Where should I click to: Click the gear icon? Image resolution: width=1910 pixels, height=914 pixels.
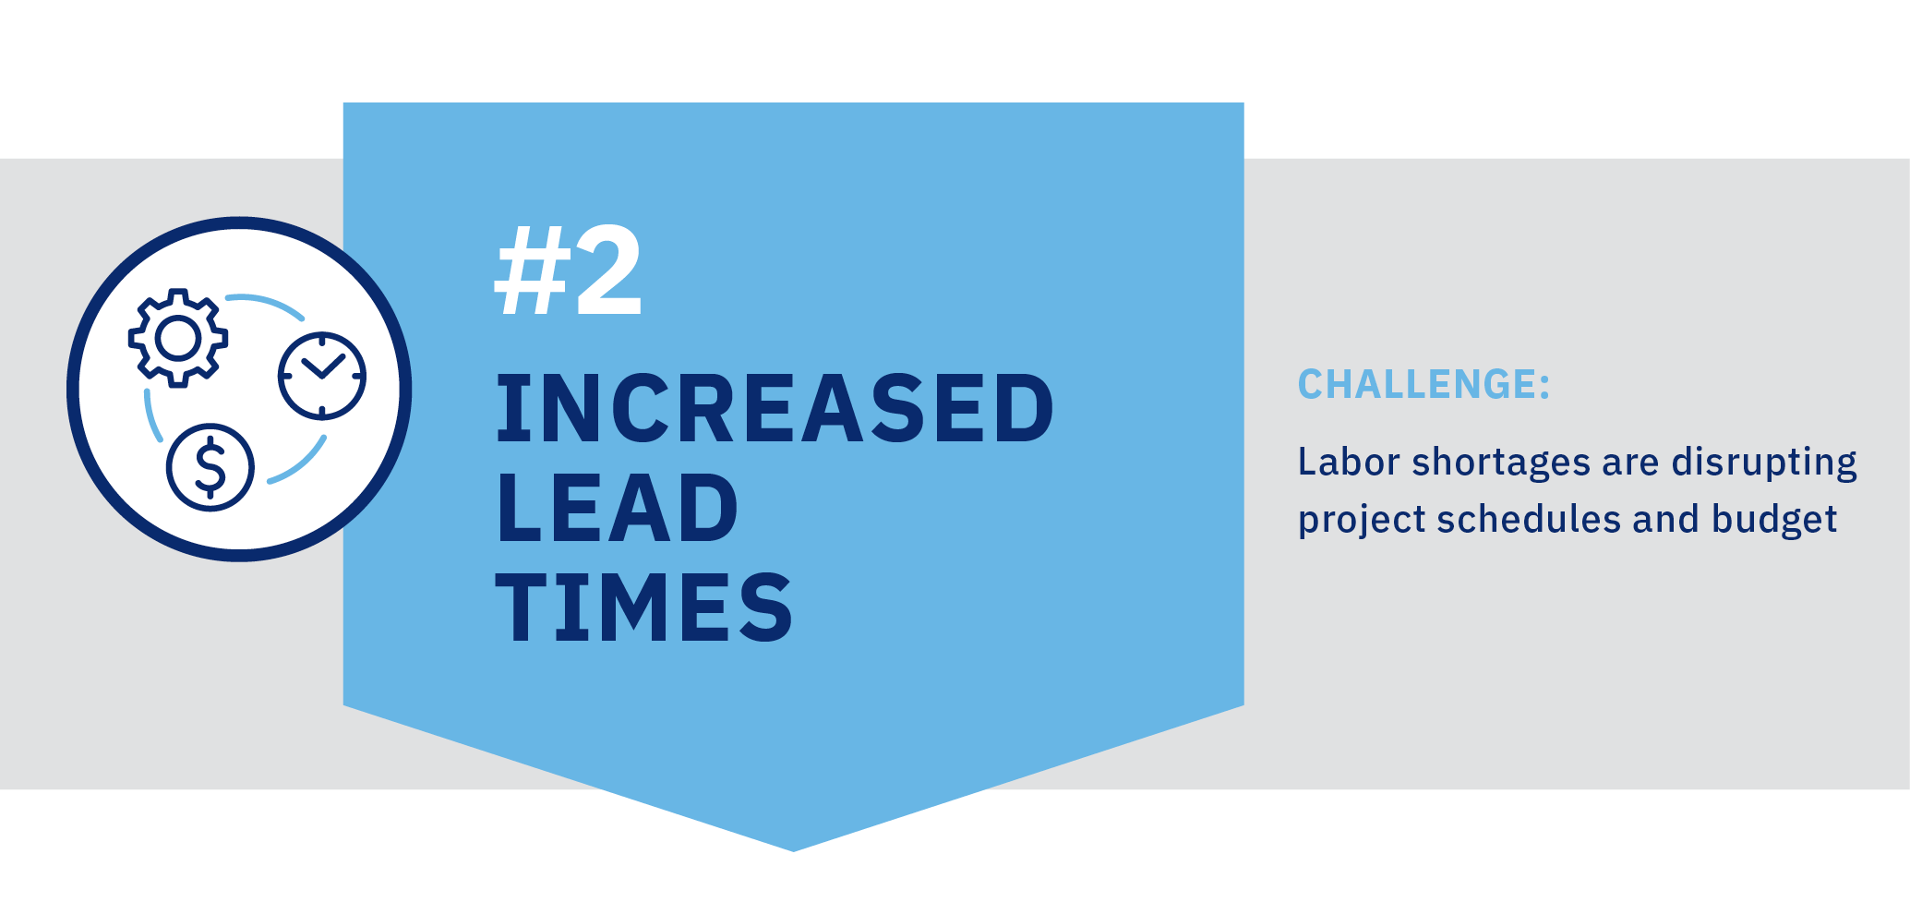coord(178,338)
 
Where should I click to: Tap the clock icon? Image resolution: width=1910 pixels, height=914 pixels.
coord(322,376)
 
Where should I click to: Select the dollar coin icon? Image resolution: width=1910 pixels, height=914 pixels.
coord(210,467)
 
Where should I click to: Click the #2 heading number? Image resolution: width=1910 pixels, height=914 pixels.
coord(568,271)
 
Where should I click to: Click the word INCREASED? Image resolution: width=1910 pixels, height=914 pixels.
coord(775,408)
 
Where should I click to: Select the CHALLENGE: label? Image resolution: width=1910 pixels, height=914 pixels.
coord(1423,384)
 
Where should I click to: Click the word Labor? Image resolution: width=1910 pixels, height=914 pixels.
coord(1348,462)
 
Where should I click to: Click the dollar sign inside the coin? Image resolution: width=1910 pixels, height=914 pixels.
coord(210,467)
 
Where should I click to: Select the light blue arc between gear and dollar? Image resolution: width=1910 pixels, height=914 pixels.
coord(152,416)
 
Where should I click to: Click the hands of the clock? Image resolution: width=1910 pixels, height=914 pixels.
coord(322,368)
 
